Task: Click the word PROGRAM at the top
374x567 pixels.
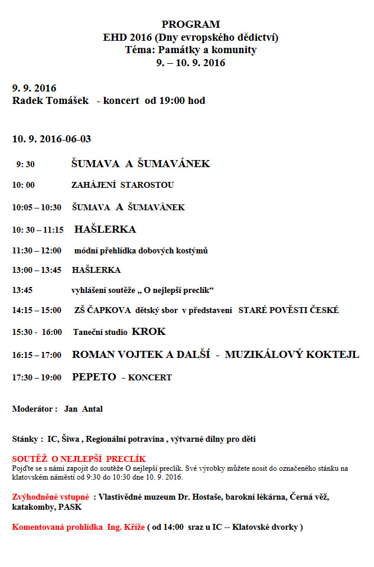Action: coord(190,24)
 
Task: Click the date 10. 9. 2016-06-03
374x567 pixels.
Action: coord(52,139)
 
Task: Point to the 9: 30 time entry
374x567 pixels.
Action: coord(25,164)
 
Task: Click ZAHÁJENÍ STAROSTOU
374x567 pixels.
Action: coord(122,185)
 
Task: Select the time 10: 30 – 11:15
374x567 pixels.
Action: coord(38,230)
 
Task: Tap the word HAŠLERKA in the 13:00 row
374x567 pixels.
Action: coord(96,270)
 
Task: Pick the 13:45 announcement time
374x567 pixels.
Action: coord(22,290)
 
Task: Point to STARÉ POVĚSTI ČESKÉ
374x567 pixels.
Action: coord(288,310)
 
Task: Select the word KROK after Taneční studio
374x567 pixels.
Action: coord(149,331)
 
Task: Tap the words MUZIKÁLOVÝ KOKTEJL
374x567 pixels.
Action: coord(292,354)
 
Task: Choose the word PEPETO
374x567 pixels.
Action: coord(94,377)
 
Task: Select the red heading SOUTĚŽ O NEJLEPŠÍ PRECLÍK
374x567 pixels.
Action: coord(79,459)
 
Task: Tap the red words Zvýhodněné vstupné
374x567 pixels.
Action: coord(50,497)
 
